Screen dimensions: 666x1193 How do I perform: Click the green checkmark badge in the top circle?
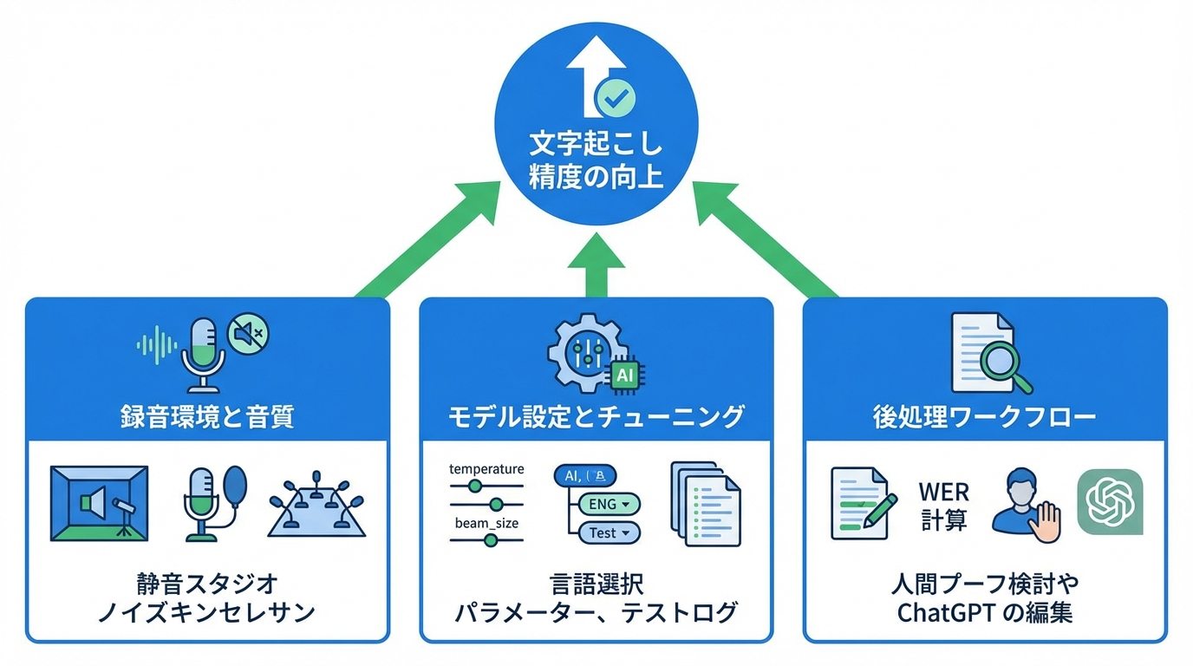point(618,99)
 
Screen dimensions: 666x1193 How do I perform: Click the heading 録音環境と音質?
point(207,417)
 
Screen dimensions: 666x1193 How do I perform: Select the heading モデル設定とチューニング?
point(596,417)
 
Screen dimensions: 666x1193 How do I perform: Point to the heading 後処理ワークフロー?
point(984,417)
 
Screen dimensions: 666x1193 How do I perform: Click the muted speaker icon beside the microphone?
point(248,331)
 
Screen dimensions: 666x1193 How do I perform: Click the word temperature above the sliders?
point(486,469)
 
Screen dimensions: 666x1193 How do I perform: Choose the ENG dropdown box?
point(608,503)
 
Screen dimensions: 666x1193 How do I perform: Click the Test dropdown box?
point(608,532)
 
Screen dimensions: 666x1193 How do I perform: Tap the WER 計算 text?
point(943,506)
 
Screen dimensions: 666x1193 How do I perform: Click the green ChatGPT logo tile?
point(1110,503)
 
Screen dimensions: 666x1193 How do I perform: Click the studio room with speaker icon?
point(99,503)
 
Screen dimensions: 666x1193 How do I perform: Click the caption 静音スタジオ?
point(207,583)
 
